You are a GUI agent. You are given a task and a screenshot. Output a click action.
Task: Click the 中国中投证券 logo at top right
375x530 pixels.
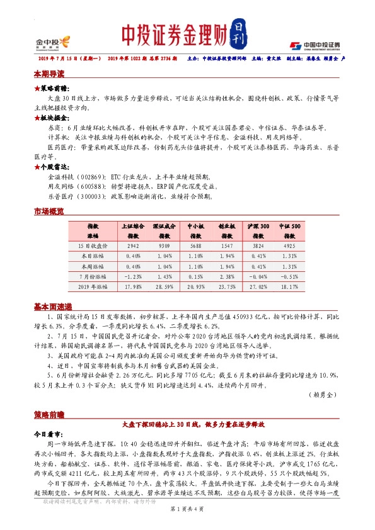(x=315, y=45)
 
